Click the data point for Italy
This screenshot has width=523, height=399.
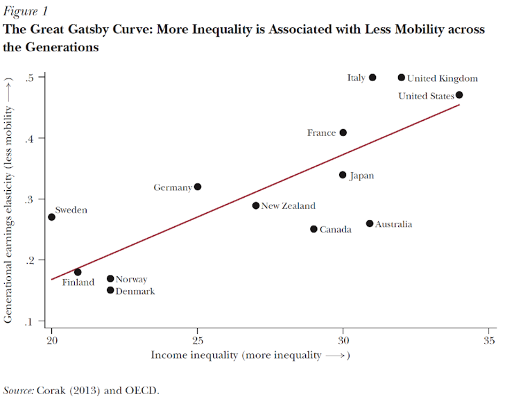tap(372, 78)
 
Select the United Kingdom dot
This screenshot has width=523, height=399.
tap(402, 78)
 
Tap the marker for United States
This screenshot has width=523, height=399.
tap(459, 95)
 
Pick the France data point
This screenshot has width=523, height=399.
tap(343, 133)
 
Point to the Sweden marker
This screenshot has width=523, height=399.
tap(51, 217)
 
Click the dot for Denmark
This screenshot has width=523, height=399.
tap(110, 290)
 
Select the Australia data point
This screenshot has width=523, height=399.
tap(370, 223)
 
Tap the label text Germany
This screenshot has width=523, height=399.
tap(173, 187)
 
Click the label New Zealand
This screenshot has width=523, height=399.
tap(288, 206)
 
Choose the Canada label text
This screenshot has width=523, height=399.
tap(335, 230)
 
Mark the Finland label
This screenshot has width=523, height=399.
tap(78, 282)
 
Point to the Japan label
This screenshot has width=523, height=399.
tap(361, 176)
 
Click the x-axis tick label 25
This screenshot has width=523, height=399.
tap(198, 340)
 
